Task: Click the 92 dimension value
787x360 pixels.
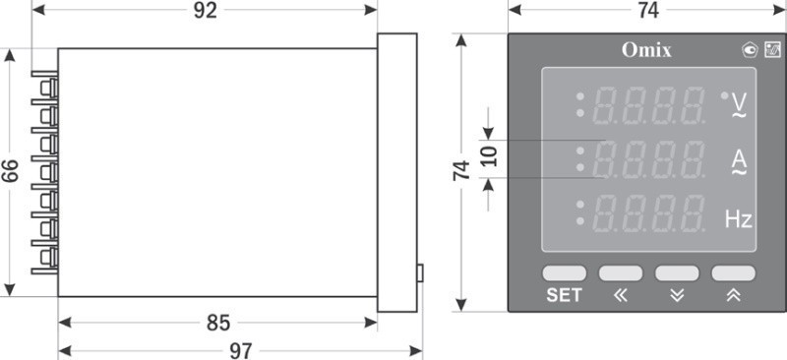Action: [x=206, y=11]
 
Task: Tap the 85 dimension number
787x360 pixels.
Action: [x=218, y=324]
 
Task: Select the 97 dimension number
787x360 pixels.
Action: [x=241, y=351]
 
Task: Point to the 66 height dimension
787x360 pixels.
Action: [x=10, y=170]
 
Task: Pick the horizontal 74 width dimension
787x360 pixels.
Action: [x=648, y=11]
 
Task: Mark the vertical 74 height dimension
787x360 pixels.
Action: [x=461, y=170]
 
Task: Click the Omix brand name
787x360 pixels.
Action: [x=646, y=50]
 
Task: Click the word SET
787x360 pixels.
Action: [x=564, y=295]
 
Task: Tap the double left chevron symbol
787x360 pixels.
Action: [x=621, y=296]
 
